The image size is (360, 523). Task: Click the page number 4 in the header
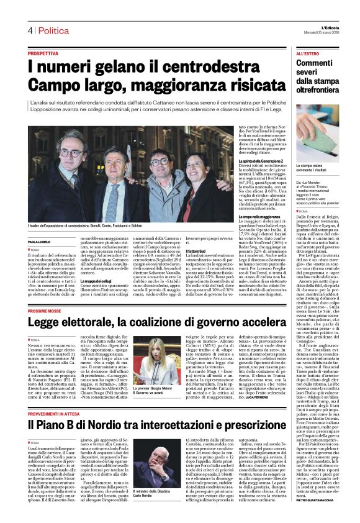point(29,30)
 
